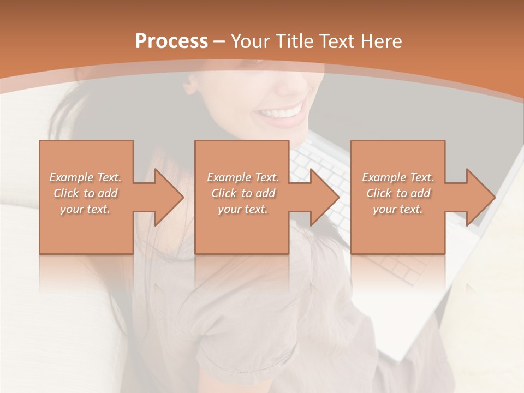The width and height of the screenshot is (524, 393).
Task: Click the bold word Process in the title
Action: coord(171,41)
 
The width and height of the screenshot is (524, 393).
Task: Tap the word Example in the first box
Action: coord(71,177)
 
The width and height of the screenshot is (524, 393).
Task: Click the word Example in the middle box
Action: coord(229,177)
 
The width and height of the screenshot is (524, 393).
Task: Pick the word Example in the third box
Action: coord(384,177)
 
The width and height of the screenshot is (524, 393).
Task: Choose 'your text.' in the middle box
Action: coord(243,209)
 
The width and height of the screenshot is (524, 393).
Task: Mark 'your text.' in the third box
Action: coord(398,209)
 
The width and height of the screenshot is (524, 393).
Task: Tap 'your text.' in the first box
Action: coord(85,209)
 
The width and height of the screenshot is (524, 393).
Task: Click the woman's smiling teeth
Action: coord(281,113)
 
